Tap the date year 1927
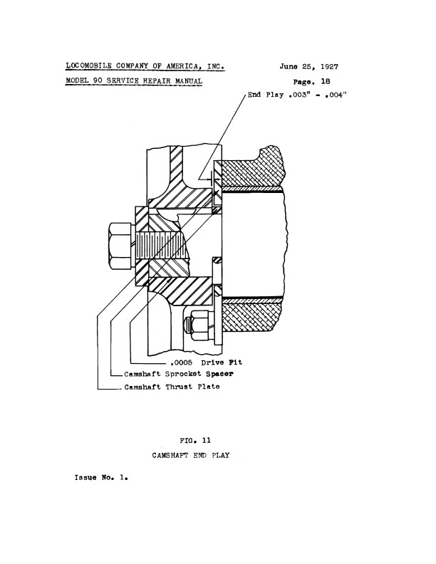[329, 66]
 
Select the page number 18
[325, 82]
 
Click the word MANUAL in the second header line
[189, 81]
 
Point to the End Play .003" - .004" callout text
[297, 95]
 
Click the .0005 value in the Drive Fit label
[181, 362]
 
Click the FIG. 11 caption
[195, 441]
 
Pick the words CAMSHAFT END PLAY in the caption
[191, 455]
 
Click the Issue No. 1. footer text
[101, 478]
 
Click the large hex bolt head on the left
[120, 246]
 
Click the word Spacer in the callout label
[219, 374]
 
